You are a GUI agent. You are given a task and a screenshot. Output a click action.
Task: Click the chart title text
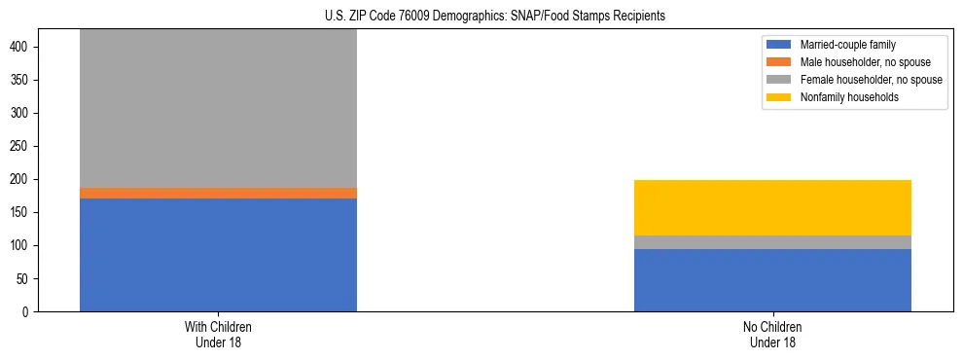click(x=481, y=17)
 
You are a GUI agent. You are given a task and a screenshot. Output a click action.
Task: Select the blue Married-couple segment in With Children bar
click(x=218, y=254)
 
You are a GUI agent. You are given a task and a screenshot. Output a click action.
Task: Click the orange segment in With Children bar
click(x=218, y=193)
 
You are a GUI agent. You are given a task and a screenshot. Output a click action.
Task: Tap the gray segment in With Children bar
click(x=218, y=107)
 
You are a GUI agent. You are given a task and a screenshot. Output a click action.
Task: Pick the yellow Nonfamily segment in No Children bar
click(x=772, y=207)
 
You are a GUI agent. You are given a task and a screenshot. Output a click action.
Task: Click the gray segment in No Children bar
click(x=772, y=242)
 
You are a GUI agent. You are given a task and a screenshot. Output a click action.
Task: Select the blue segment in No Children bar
click(x=772, y=280)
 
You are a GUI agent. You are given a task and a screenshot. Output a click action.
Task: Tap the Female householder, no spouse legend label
click(x=871, y=80)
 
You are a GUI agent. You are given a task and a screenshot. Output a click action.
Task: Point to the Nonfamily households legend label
click(x=849, y=97)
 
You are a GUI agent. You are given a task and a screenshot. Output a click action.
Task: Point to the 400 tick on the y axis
click(x=29, y=47)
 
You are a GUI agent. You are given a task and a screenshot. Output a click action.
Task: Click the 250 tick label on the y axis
click(x=29, y=146)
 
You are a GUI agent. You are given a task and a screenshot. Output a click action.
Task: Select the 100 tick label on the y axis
click(x=29, y=245)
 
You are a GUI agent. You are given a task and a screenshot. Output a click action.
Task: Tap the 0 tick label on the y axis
click(x=34, y=311)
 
